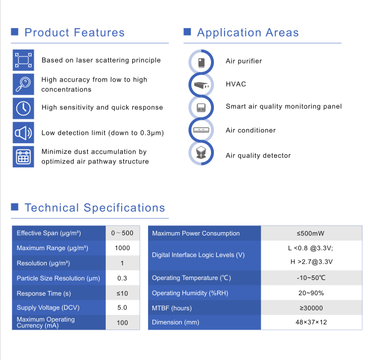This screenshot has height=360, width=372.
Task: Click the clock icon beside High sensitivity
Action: (23, 108)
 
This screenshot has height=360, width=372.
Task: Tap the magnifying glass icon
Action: (23, 84)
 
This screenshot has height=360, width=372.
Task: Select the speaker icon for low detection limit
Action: (23, 132)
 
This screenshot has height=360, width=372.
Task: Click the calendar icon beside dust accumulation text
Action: (23, 157)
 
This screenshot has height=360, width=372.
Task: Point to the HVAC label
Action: (236, 84)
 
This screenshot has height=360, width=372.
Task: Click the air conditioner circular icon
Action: (201, 130)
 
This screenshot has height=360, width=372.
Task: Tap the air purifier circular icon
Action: (201, 62)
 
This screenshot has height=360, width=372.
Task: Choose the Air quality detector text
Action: (258, 155)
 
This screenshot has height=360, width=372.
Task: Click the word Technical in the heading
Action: (52, 208)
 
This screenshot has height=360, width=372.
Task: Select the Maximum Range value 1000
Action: (123, 248)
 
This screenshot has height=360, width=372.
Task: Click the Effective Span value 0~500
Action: (122, 233)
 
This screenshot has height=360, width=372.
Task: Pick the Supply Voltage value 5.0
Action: (122, 308)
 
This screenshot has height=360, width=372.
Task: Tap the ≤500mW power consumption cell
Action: (311, 233)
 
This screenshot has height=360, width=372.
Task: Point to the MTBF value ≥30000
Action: (311, 308)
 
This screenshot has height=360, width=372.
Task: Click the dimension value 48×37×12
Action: (311, 322)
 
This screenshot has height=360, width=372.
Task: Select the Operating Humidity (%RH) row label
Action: (190, 293)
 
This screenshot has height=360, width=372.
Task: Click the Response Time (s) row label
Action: (44, 294)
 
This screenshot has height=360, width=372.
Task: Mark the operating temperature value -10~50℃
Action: (311, 278)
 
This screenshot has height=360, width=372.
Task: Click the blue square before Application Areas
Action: (187, 32)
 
